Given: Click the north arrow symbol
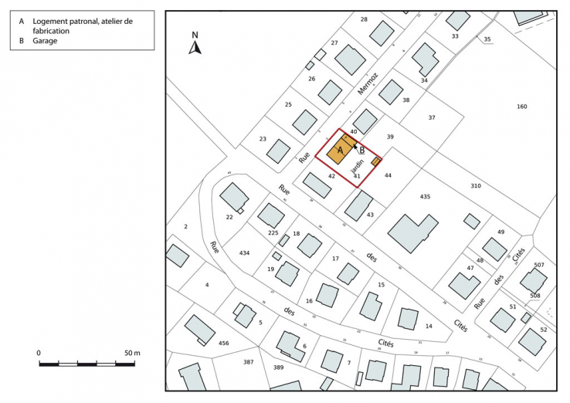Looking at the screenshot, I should pos(195,46).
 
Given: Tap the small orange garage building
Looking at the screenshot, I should pos(376,161).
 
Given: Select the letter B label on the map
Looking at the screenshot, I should pos(362,150).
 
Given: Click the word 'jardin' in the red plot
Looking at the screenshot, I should pos(357,164).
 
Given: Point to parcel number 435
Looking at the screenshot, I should pos(425,197).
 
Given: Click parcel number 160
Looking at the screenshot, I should pos(521,107).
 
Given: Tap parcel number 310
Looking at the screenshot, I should pos(475,186).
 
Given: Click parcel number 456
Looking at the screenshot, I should pos(224,343).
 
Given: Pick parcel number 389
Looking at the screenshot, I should pos(278,367).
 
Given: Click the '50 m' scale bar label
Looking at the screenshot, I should pos(132,353).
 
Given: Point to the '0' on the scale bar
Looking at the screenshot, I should pos(39,353).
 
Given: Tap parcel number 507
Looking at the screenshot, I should pos(538,266).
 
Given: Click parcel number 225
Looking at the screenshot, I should pos(273,232).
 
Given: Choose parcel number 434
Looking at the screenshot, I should pos(244,253).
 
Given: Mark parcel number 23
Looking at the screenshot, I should pos(263,139).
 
